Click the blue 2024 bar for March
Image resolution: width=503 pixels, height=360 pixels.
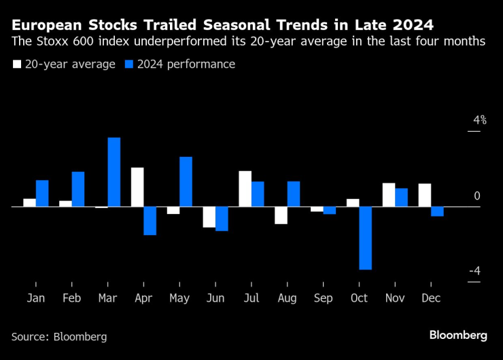pos(114,172)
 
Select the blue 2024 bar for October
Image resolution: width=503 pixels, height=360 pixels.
pos(366,238)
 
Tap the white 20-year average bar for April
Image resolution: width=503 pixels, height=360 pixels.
pos(137,187)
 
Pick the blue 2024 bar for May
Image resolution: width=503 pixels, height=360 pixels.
pos(186,181)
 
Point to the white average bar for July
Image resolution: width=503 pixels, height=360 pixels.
pos(245,188)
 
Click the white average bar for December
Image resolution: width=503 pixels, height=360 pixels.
pos(425,195)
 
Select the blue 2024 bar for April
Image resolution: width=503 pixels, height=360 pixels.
pos(150,221)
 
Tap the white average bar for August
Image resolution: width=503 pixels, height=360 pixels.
pos(281,215)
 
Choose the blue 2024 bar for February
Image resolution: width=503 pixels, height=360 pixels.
pos(78,189)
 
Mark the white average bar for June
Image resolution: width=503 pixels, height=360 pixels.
pos(209,217)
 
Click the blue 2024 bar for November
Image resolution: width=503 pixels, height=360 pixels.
pos(402,197)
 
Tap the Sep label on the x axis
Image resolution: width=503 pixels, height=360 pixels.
pos(323,298)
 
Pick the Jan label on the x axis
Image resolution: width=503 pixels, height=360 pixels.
pos(36,298)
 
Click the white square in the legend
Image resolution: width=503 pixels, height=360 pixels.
pos(16,65)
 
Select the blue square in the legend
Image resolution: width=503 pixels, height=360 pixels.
pos(130,65)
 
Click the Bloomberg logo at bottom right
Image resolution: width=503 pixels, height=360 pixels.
pos(458,335)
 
